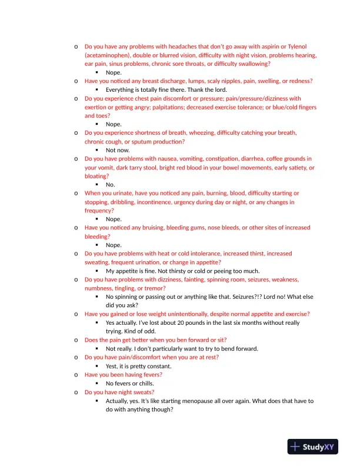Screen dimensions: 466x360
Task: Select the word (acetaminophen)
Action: [x=109, y=55]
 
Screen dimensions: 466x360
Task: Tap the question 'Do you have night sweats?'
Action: [x=119, y=392]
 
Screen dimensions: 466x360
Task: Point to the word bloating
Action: [x=96, y=176]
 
